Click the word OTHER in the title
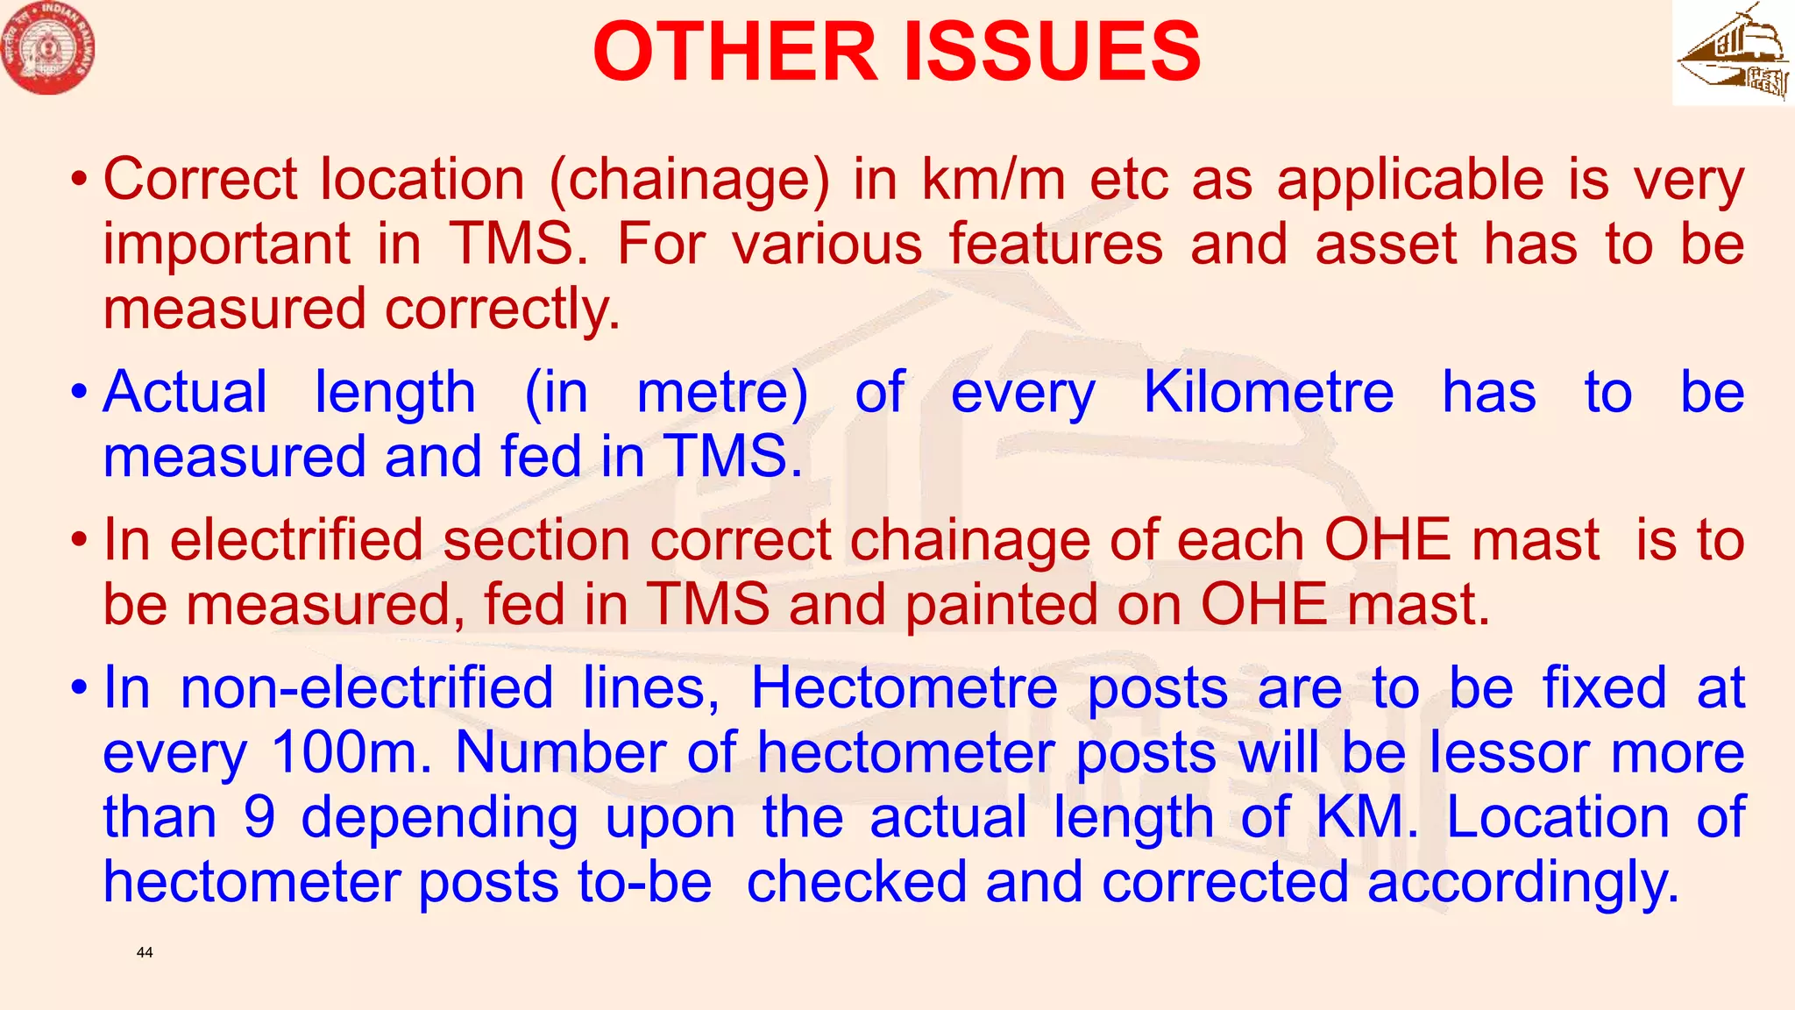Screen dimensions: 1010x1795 [x=734, y=52]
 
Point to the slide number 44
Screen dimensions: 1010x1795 [x=145, y=952]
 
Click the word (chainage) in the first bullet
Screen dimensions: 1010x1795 [x=689, y=181]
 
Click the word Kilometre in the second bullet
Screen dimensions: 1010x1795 [x=1268, y=392]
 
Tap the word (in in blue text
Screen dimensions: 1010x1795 [x=557, y=392]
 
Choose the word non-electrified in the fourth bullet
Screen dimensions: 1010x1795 [x=366, y=687]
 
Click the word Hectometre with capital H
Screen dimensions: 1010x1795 [x=905, y=687]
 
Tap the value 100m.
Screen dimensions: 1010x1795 [x=351, y=752]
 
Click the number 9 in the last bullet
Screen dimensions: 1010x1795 [x=259, y=817]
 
